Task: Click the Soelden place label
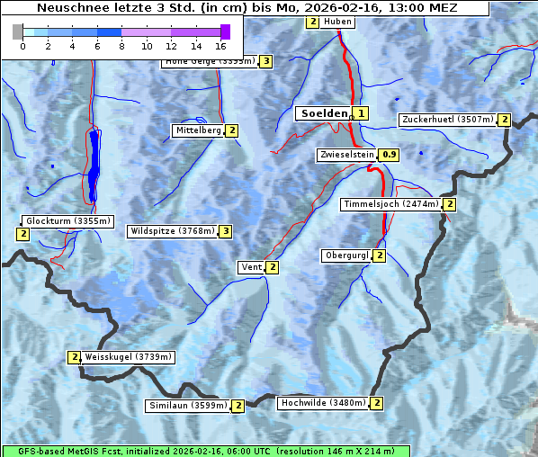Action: (x=322, y=113)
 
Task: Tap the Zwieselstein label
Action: (x=345, y=155)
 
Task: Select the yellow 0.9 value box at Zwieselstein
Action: (x=390, y=155)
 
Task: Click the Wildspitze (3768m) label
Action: (x=173, y=231)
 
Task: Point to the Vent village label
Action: (x=251, y=267)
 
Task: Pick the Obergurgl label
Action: (x=345, y=255)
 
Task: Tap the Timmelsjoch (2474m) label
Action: (x=391, y=204)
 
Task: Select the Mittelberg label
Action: (x=198, y=130)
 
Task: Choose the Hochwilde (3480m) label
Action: (x=322, y=403)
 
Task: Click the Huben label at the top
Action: (x=337, y=22)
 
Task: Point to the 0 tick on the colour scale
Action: (x=22, y=45)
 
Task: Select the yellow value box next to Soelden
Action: (x=361, y=113)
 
